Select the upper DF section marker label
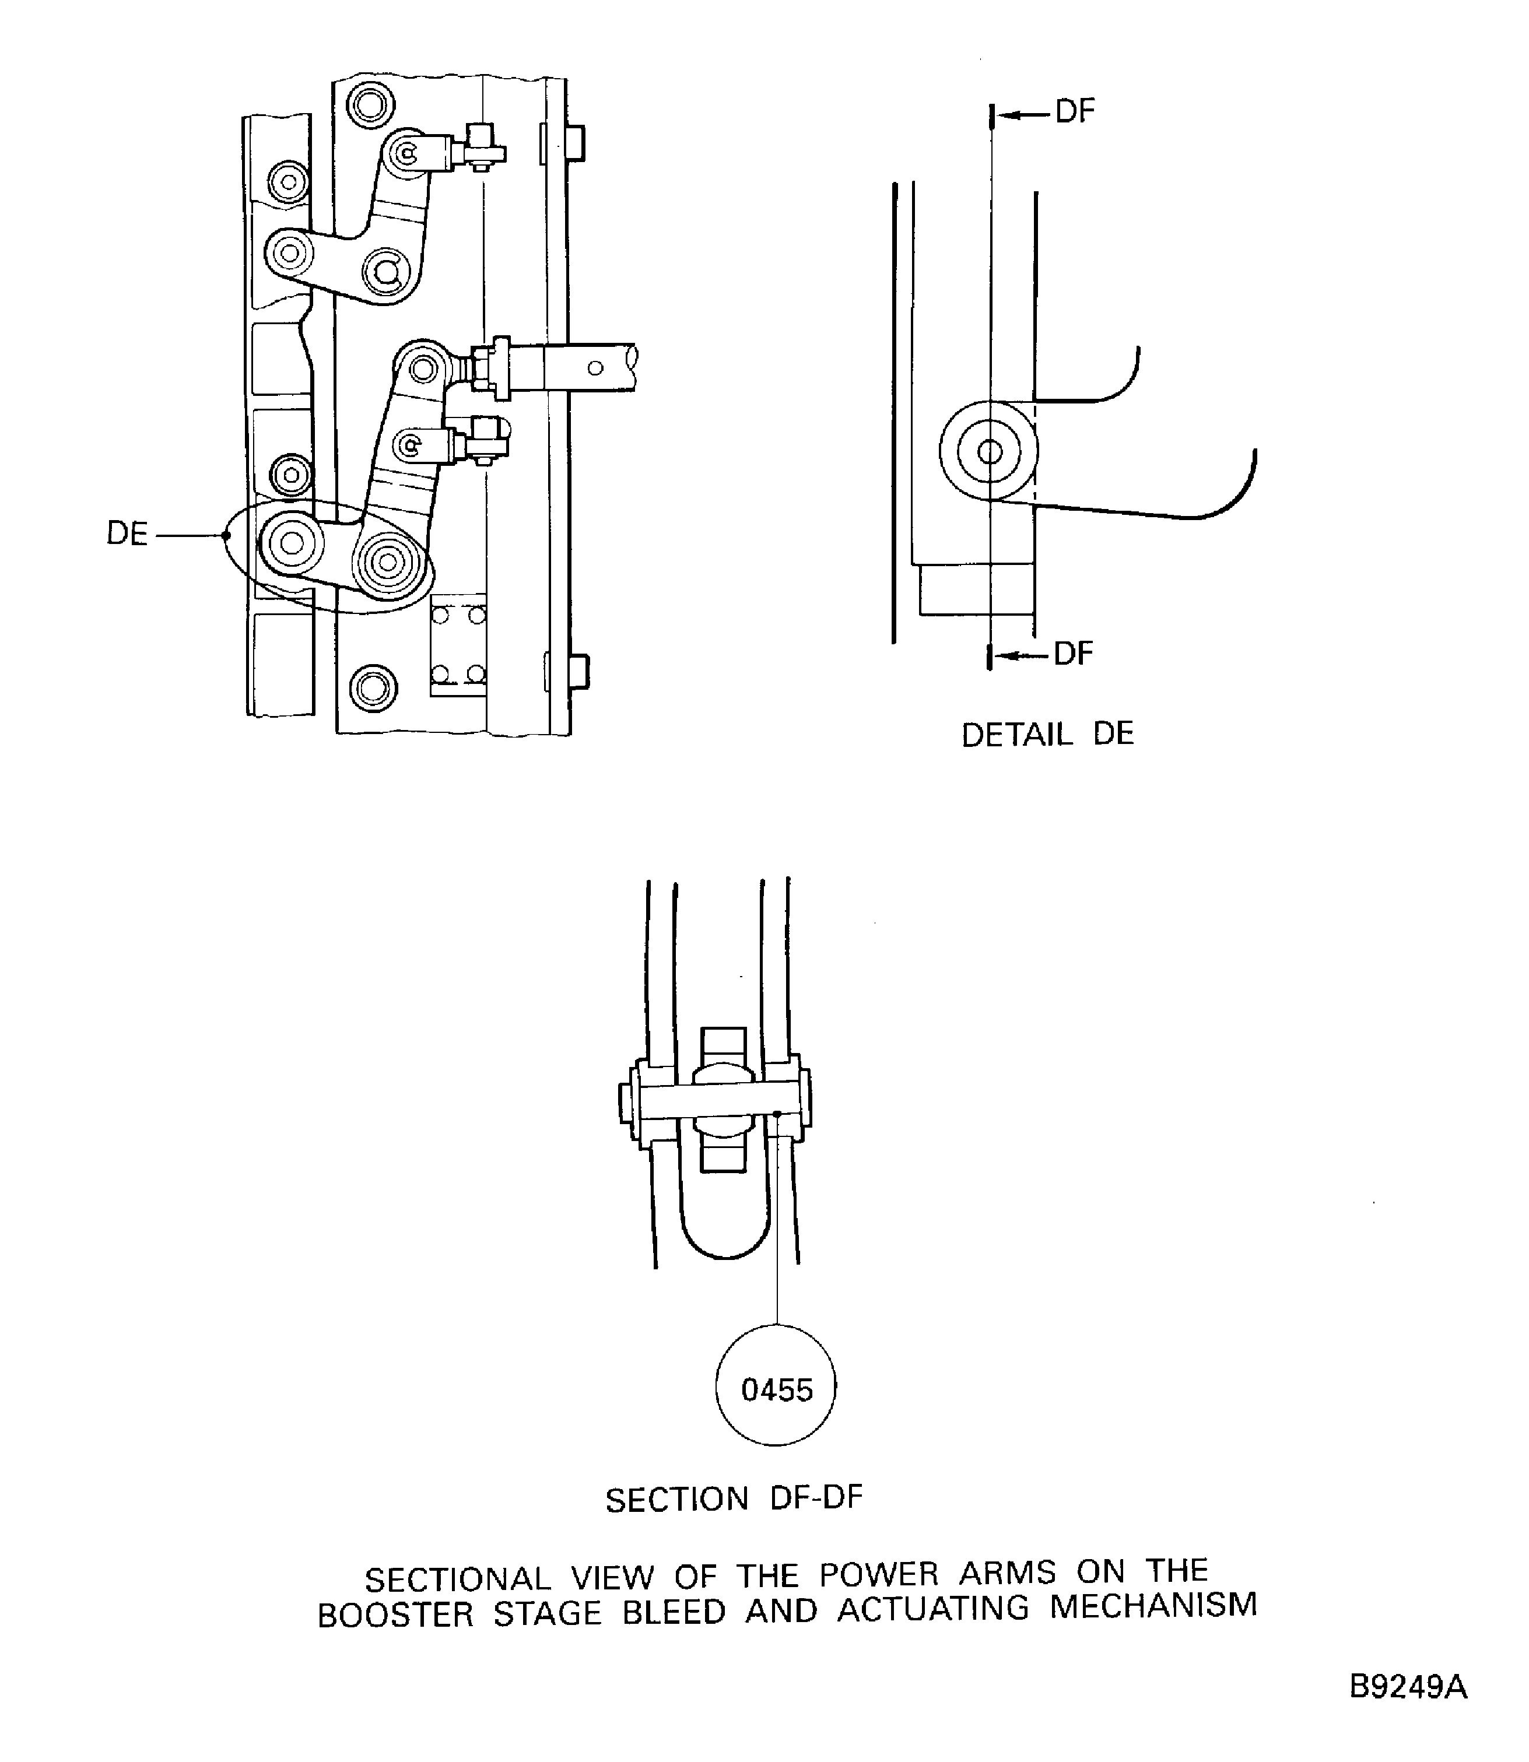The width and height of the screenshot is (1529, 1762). (x=1074, y=112)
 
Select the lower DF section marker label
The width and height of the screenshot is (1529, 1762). (x=1072, y=654)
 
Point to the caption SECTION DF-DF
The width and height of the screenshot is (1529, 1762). (x=734, y=1499)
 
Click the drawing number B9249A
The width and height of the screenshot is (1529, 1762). (x=1408, y=1688)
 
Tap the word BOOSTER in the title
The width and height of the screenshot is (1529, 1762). (x=395, y=1614)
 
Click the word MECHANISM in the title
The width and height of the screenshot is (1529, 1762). (x=1153, y=1606)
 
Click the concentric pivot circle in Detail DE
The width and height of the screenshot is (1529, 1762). (x=989, y=451)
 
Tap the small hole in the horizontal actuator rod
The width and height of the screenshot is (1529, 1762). (x=595, y=368)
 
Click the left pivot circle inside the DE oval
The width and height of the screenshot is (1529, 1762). (x=291, y=543)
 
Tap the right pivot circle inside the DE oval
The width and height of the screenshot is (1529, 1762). (x=388, y=562)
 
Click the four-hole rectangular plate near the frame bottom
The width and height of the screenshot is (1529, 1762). (x=458, y=644)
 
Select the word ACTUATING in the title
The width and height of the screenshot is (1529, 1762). (x=932, y=1609)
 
